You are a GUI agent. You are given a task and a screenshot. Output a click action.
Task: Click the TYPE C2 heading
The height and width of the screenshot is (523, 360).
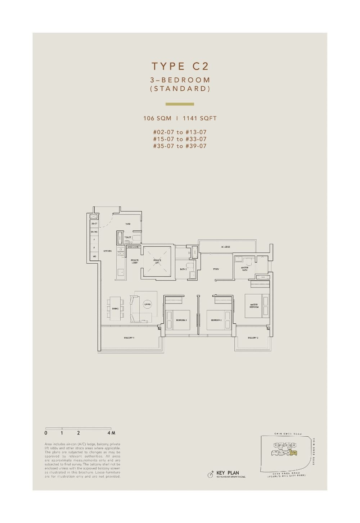click(180, 66)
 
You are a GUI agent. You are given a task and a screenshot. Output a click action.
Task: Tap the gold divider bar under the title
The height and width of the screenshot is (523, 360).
click(180, 104)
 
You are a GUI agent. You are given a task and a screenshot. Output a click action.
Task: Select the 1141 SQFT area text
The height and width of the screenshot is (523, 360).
click(199, 118)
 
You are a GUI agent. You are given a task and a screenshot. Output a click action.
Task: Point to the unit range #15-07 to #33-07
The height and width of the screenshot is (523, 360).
click(180, 139)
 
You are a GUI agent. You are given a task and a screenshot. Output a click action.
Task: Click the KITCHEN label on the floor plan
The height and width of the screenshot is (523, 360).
click(107, 251)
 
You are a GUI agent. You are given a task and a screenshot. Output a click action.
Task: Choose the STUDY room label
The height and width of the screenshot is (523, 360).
click(216, 269)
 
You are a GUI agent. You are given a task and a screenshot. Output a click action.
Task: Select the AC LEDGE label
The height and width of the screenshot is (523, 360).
click(225, 247)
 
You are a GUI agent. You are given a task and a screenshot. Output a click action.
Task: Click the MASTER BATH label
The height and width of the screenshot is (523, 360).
click(245, 269)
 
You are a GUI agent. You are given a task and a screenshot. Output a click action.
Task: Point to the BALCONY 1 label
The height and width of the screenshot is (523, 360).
click(129, 338)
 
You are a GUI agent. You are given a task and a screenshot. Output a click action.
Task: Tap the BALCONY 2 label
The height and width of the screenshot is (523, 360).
click(253, 338)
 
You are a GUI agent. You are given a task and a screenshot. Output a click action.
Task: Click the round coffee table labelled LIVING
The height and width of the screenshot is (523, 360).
click(147, 304)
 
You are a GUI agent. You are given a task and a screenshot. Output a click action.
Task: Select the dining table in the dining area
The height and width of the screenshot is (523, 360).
click(115, 308)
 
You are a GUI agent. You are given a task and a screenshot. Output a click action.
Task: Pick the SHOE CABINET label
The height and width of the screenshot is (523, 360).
click(133, 247)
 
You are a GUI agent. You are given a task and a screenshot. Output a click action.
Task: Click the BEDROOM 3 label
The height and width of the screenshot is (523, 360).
click(181, 320)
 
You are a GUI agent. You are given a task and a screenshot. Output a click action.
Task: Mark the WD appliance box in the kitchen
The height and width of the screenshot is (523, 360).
click(94, 256)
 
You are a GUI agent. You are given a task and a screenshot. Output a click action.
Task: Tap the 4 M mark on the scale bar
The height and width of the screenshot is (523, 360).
click(109, 433)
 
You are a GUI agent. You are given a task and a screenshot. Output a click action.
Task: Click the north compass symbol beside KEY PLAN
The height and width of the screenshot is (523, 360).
click(211, 475)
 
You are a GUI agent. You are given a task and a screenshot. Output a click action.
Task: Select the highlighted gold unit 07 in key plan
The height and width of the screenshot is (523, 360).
click(294, 452)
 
